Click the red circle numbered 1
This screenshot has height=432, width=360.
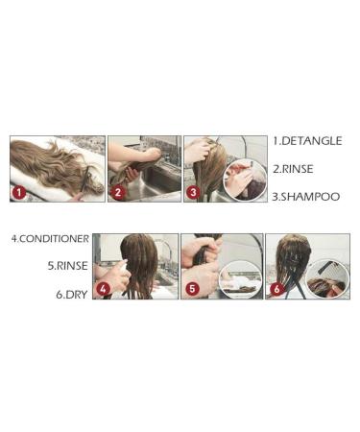tap(19, 193)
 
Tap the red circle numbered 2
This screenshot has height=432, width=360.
tap(118, 193)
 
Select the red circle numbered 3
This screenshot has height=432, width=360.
tap(193, 193)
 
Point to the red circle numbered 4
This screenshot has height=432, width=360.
tap(103, 289)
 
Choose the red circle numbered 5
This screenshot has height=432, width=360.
tap(192, 289)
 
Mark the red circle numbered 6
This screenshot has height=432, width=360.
tap(276, 289)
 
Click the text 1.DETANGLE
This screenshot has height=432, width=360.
tap(307, 141)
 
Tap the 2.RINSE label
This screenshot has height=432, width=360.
tap(293, 169)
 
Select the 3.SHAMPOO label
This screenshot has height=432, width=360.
tap(306, 197)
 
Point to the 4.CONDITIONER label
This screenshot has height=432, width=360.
tap(50, 239)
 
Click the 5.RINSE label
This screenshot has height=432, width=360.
tap(67, 266)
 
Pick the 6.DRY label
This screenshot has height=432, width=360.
tap(72, 295)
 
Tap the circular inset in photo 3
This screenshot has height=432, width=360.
tap(245, 180)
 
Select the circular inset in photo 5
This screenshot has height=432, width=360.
tap(240, 279)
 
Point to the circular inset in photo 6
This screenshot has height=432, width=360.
tap(327, 278)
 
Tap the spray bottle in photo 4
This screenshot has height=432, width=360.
tap(124, 276)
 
